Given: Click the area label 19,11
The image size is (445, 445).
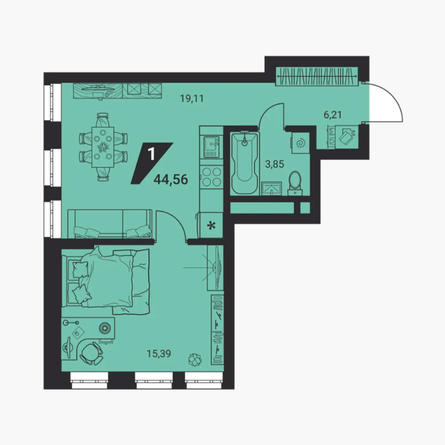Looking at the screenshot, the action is (192, 99).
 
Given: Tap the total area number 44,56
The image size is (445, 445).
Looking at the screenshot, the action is (171, 180).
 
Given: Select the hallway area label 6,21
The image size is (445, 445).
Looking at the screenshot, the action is (333, 115).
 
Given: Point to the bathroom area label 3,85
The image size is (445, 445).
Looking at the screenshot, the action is (275, 164).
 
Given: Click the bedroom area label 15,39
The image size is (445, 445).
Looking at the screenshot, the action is (159, 353).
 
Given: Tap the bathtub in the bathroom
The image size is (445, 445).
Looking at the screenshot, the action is (245, 163).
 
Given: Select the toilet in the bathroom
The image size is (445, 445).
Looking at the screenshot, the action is (295, 183).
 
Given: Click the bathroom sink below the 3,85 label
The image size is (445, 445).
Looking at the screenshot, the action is (272, 188).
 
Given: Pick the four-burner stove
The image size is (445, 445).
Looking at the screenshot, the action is (211, 177).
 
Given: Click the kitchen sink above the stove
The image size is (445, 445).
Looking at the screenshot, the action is (211, 147).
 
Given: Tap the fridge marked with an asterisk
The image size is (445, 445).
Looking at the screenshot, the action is (211, 225).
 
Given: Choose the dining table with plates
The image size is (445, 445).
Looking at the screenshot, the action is (103, 147).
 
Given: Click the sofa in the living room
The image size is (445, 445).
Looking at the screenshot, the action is (110, 224).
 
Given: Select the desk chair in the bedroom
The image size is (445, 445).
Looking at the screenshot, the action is (92, 353).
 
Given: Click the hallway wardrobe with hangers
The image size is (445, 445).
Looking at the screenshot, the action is (317, 76).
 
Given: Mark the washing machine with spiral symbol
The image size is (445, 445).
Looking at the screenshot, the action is (300, 143).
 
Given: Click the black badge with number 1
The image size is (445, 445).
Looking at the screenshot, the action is (152, 163).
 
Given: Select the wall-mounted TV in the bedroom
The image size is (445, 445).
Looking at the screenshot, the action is (216, 268).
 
